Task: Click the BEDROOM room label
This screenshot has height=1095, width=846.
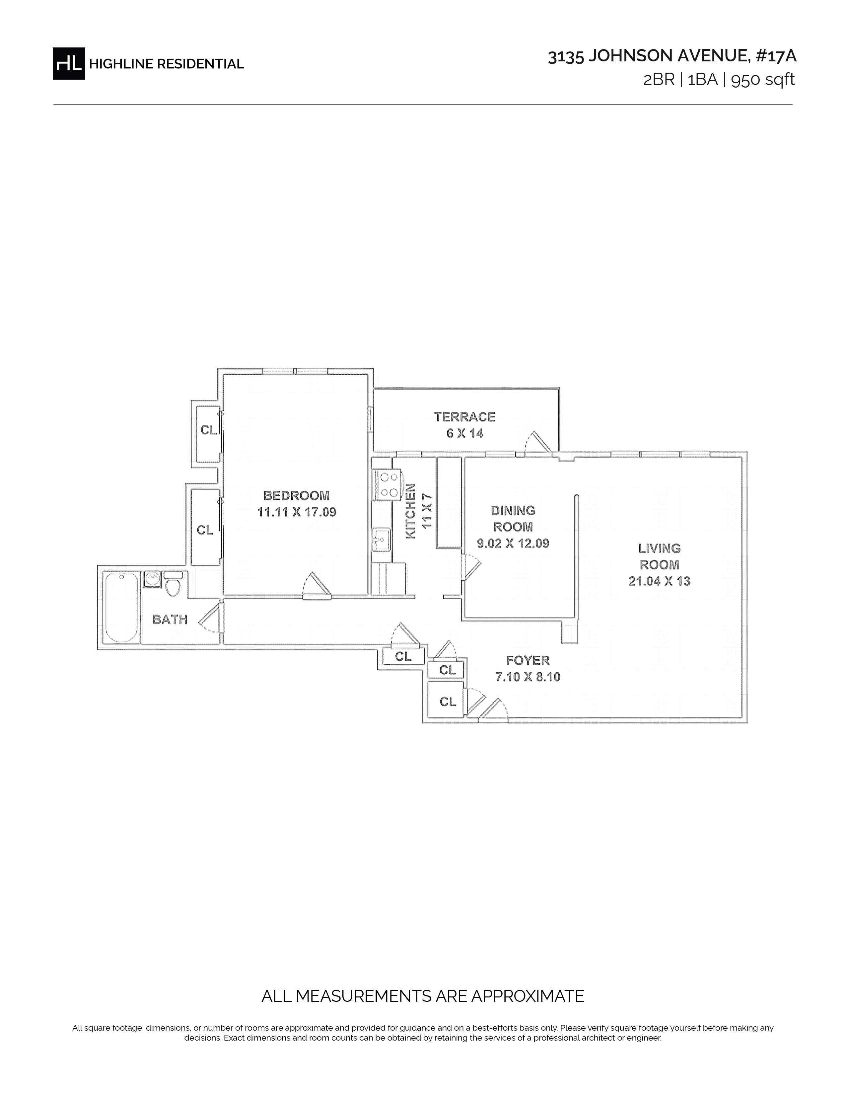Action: point(297,495)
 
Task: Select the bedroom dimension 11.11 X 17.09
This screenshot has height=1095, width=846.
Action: point(297,512)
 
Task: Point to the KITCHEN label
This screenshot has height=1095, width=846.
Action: point(410,511)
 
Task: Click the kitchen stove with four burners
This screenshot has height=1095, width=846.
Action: point(387,484)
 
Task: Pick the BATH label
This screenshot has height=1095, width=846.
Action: point(170,620)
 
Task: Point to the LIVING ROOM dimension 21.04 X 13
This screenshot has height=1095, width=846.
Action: point(660,581)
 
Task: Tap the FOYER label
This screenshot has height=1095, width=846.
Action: point(528,660)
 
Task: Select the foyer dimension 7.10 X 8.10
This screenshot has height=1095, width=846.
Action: point(528,677)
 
